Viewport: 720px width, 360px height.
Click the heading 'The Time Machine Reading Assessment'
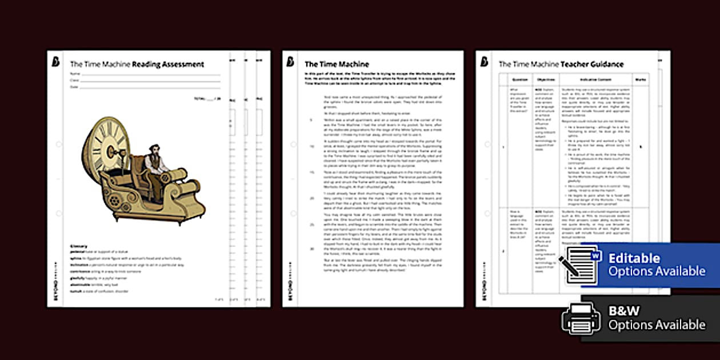pos(137,65)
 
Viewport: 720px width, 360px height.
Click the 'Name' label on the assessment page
pos(74,74)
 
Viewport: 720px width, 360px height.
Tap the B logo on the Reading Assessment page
pos(55,62)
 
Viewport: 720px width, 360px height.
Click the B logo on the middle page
pos(291,62)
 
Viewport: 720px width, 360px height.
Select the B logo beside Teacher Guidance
pos(485,62)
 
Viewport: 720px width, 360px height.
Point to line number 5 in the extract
pos(311,120)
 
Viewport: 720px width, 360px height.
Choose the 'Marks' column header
pos(641,80)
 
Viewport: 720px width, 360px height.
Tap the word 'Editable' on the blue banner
pos(634,258)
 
